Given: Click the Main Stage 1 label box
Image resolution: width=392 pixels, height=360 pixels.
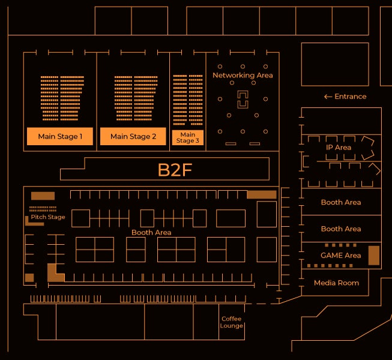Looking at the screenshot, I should click(60, 136).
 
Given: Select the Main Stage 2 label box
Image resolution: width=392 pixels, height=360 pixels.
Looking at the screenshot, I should click(133, 136).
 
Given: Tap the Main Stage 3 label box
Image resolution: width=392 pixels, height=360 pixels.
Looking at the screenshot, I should click(187, 138).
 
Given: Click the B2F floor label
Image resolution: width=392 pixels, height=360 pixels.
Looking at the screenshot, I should click(175, 170).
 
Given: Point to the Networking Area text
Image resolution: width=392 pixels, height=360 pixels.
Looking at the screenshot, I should click(243, 76).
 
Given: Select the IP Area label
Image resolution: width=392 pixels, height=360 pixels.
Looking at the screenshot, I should click(339, 148).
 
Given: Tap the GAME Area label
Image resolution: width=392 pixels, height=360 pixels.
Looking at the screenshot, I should click(340, 256).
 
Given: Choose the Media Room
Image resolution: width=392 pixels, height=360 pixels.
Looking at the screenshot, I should click(336, 283).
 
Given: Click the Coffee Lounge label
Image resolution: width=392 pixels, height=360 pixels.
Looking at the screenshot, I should click(231, 322).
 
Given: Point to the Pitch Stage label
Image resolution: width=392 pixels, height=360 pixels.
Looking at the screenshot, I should click(48, 217).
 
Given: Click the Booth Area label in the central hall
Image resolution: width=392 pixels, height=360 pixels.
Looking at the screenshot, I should click(151, 232).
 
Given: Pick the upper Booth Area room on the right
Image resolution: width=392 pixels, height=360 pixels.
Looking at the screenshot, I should click(340, 202).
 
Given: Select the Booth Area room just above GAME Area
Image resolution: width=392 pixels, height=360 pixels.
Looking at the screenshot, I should click(340, 229).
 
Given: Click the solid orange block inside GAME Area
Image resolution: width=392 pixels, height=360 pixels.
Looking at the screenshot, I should click(373, 256).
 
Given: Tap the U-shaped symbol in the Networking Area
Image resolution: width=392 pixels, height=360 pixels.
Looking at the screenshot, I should click(243, 100).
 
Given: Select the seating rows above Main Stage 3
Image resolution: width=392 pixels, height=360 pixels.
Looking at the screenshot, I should click(187, 100).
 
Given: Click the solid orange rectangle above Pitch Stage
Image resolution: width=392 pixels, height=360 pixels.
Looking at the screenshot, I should click(43, 196).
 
